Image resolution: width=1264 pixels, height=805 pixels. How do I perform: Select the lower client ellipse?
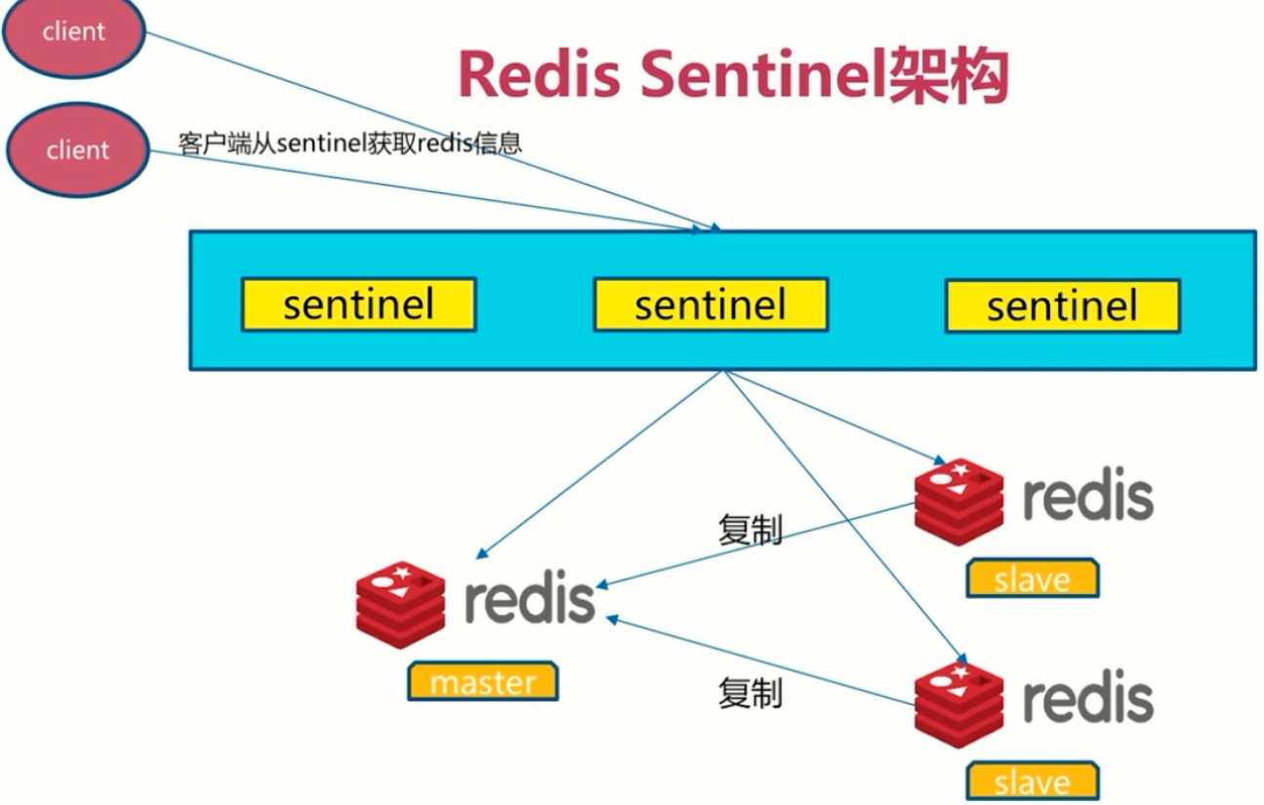point(77,150)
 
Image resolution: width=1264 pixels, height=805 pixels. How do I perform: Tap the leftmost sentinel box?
point(358,305)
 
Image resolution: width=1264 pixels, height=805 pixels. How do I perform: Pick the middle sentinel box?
point(711,305)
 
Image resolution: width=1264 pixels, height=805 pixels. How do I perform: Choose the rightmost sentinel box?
point(1062,305)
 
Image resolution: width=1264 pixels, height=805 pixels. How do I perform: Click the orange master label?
point(483,681)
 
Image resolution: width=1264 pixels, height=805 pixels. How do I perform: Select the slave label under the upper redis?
point(1032,579)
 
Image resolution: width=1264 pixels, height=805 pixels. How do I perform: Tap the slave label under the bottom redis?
point(1032,782)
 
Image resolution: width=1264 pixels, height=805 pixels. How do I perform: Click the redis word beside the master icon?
point(529,598)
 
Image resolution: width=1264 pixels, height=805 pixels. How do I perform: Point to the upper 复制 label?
point(750,530)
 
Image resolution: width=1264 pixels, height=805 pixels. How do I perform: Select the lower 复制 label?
point(750,693)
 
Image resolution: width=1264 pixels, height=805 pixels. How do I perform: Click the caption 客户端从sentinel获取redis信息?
point(350,142)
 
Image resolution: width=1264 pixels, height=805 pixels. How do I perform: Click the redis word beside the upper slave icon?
point(1087,497)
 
